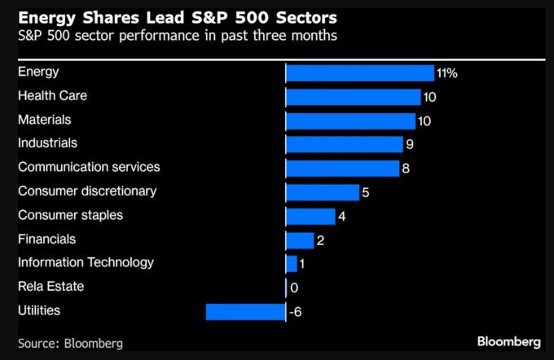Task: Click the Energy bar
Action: pos(359,73)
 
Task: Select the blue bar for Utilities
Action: pos(245,312)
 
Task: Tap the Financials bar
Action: pos(300,240)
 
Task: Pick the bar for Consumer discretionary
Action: pos(323,192)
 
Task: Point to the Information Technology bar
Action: pos(292,264)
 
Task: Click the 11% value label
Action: pos(447,73)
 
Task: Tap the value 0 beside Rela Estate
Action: pos(294,288)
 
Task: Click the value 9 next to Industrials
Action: pos(410,145)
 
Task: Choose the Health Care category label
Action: pos(52,96)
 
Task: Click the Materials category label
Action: pos(45,120)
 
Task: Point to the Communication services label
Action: pos(89,167)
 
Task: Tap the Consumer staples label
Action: pos(70,215)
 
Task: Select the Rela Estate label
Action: pos(51,287)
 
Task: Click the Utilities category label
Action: pos(39,310)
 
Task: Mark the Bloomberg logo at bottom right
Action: pos(509,340)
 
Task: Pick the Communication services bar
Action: pos(343,169)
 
